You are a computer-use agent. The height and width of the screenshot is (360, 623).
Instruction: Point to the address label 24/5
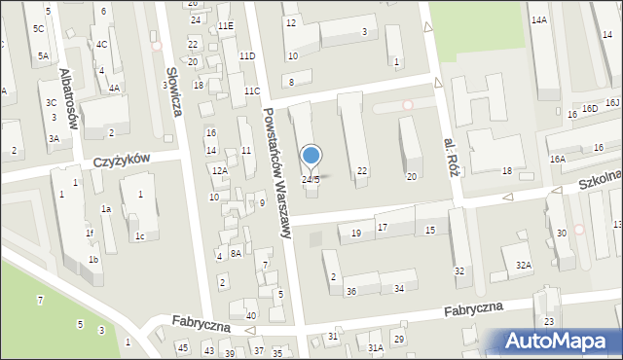click(x=311, y=180)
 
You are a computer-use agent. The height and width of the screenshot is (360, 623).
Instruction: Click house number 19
click(x=356, y=233)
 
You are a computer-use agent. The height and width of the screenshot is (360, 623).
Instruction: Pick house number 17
click(x=383, y=227)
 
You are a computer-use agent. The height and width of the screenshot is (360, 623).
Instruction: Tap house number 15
click(x=430, y=230)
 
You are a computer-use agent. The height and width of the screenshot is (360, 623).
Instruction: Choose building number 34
click(x=399, y=289)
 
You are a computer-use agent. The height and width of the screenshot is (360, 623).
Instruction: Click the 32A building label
click(x=524, y=265)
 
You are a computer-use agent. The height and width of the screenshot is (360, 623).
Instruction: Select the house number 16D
click(x=589, y=108)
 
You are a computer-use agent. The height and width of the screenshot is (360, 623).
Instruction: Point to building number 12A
click(x=220, y=171)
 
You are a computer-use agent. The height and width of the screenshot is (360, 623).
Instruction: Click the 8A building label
click(x=236, y=253)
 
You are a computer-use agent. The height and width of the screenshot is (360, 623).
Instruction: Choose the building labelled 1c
click(x=140, y=236)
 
